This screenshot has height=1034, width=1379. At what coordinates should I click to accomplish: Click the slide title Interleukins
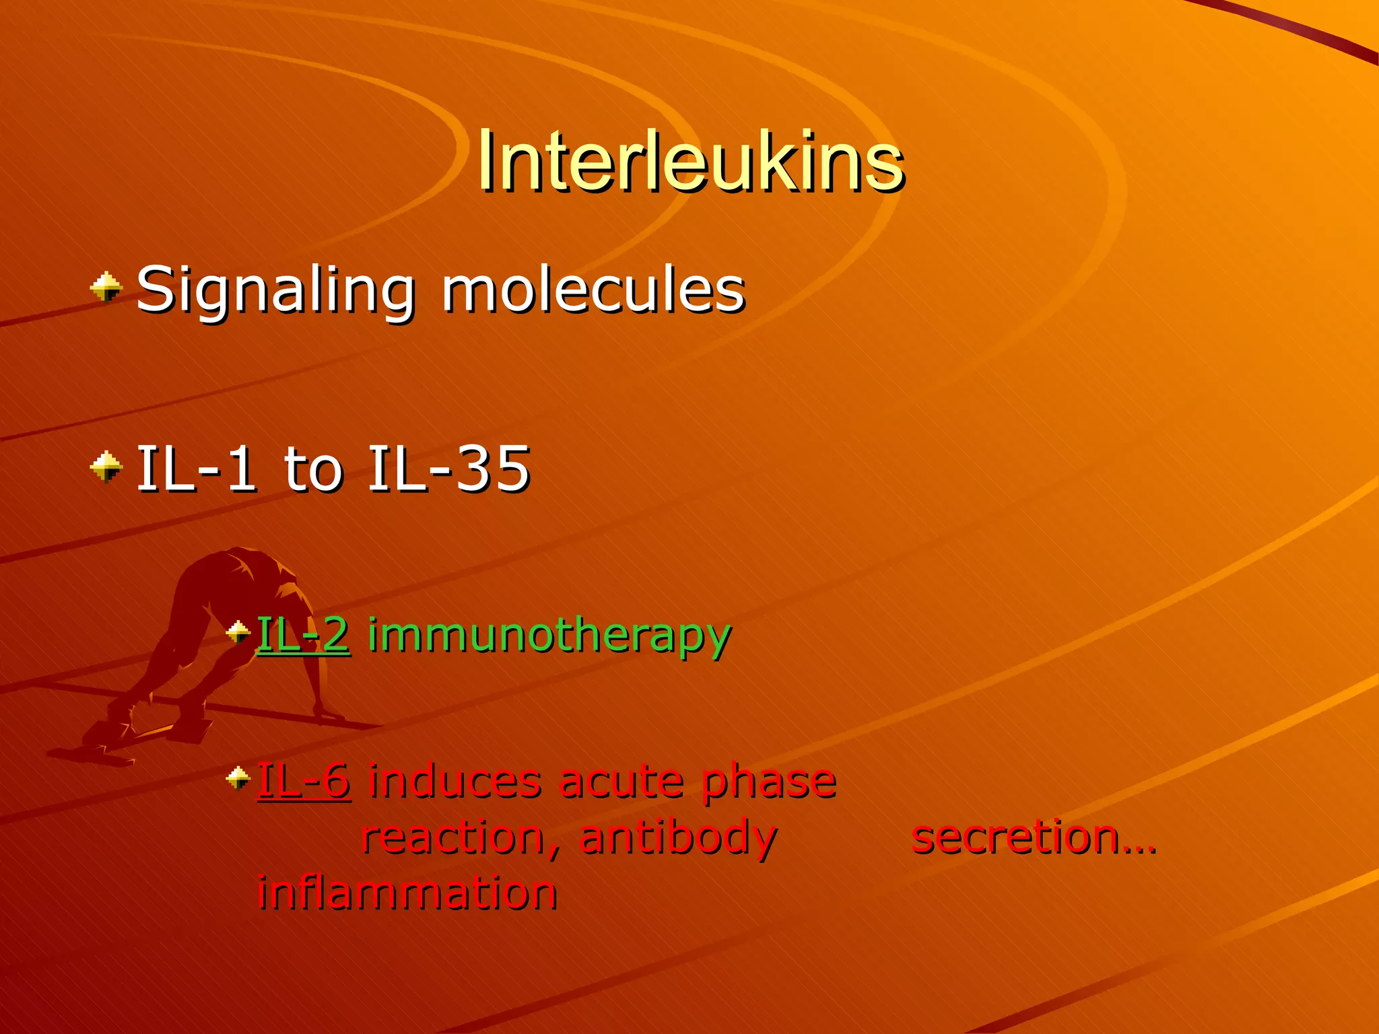pos(691,162)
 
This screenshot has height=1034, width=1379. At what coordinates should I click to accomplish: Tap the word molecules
pos(593,289)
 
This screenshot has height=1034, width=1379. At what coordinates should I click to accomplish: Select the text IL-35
pos(449,469)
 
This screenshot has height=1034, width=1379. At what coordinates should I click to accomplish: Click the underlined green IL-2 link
pos(304,634)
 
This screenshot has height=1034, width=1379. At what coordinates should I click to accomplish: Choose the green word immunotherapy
pos(549,635)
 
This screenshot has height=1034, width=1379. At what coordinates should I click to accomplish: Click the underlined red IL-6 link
pos(304,781)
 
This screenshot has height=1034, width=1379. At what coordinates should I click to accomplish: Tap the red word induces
pos(455,781)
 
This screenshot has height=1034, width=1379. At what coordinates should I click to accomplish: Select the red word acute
pos(620,781)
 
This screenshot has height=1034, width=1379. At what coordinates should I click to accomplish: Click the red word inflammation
pos(407,893)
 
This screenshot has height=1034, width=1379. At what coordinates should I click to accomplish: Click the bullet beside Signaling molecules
pos(106,287)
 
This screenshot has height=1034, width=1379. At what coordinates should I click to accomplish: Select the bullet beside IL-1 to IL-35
pos(106,467)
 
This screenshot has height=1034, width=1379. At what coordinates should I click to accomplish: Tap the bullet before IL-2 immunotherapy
pos(238,632)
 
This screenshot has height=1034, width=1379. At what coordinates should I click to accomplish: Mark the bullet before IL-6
pos(238,778)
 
